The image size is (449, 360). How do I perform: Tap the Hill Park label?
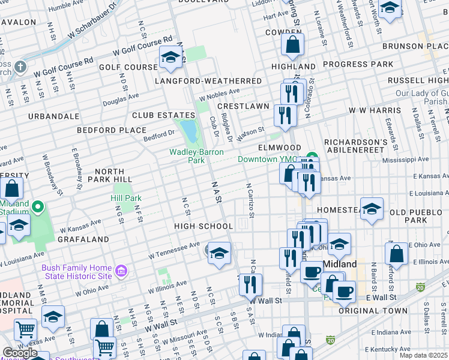126,198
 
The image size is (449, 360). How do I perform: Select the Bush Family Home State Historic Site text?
77,272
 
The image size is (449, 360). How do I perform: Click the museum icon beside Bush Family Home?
121,272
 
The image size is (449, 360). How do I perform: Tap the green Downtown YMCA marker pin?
311,159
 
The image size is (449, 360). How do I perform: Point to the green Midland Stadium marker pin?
38,208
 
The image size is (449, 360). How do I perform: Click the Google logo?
20,353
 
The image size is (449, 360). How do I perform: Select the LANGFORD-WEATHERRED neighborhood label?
208,81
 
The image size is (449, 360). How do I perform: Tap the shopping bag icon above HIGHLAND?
292,44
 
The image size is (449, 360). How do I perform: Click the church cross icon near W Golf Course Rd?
19,66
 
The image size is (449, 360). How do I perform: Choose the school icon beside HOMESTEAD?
372,209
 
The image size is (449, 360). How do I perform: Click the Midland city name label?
340,264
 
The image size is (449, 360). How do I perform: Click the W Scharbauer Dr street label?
92,25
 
